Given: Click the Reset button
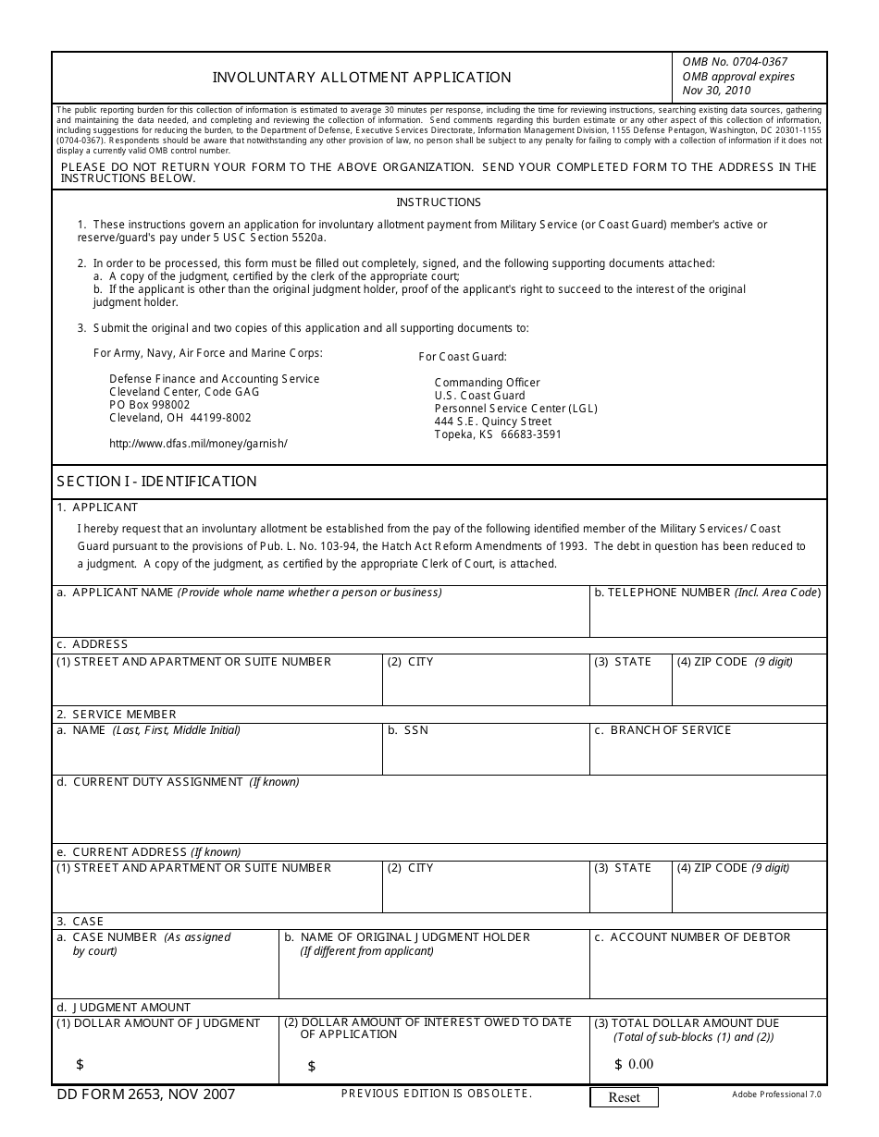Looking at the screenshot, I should (x=624, y=1097).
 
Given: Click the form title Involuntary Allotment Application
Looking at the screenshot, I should (x=362, y=78).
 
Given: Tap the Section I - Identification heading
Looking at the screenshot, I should (x=156, y=482).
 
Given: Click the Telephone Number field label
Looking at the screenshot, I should (x=707, y=593).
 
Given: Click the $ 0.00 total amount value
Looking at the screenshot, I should (x=634, y=1064).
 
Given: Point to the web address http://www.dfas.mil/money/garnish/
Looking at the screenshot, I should (x=198, y=444).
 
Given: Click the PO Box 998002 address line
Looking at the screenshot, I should (x=149, y=405).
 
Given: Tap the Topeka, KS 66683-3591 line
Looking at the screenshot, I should (x=498, y=434).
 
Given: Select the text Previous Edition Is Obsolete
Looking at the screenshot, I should (x=437, y=1094).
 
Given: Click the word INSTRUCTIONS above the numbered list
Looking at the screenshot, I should (x=439, y=202).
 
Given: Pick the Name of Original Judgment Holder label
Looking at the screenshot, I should (x=407, y=937).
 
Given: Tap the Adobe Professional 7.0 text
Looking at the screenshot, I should (x=775, y=1094).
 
